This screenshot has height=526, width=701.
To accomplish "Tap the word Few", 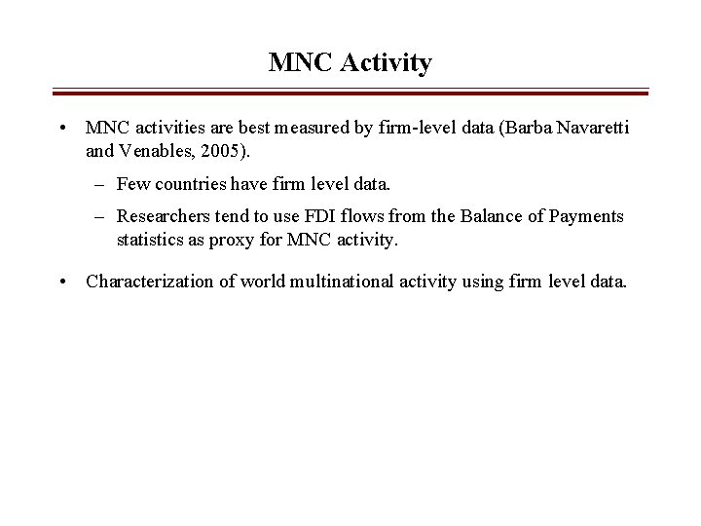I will [x=132, y=183].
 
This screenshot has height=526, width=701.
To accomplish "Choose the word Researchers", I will [x=159, y=215].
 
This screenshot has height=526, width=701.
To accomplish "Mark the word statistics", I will [x=148, y=239].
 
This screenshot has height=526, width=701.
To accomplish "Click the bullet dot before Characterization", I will [x=61, y=282].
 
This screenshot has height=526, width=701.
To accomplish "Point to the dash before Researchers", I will [x=101, y=215].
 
